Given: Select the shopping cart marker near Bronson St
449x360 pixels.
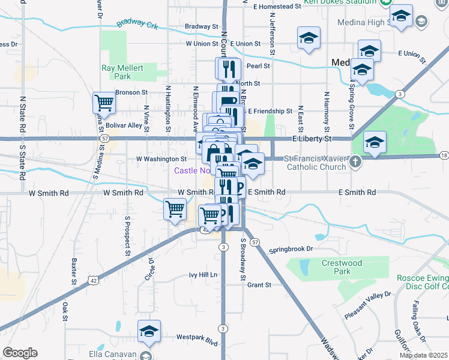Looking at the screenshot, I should click(x=104, y=103).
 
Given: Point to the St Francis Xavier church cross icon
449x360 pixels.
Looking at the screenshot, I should click(x=356, y=161).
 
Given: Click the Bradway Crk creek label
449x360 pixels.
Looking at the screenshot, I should click(x=136, y=23).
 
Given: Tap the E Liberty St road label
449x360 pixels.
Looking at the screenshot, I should click(x=312, y=139).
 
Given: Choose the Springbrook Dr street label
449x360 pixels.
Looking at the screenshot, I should click(x=291, y=248).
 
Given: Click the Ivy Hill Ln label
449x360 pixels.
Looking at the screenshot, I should click(x=203, y=275).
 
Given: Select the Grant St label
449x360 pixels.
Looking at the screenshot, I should click(x=260, y=285).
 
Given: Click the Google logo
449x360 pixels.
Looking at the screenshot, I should click(x=20, y=353).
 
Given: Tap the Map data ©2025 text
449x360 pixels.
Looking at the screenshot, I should click(x=423, y=355).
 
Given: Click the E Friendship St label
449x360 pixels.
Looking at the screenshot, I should click(x=270, y=111).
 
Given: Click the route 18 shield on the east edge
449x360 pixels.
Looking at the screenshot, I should click(x=444, y=156).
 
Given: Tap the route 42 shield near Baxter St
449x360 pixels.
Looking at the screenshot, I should click(x=92, y=280).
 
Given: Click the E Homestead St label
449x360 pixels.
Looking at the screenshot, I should click(x=277, y=6).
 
